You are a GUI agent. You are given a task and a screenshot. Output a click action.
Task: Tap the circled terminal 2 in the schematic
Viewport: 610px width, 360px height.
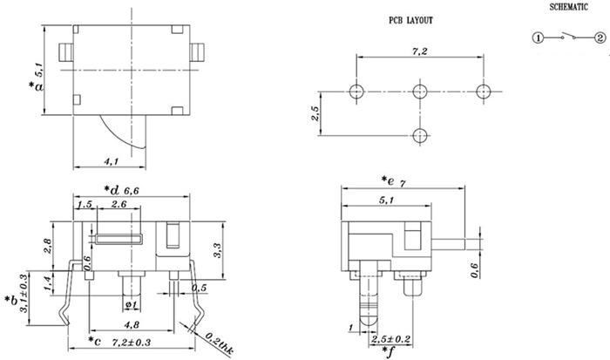point(600,38)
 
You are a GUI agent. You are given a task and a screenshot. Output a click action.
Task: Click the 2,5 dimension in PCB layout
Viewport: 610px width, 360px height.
point(317,112)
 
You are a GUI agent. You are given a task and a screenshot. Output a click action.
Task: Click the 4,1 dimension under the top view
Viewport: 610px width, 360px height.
point(112,162)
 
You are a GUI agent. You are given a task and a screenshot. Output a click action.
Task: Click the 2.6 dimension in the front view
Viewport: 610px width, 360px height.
point(121,204)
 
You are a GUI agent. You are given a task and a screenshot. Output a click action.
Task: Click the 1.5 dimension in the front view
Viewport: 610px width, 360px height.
point(85,204)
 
